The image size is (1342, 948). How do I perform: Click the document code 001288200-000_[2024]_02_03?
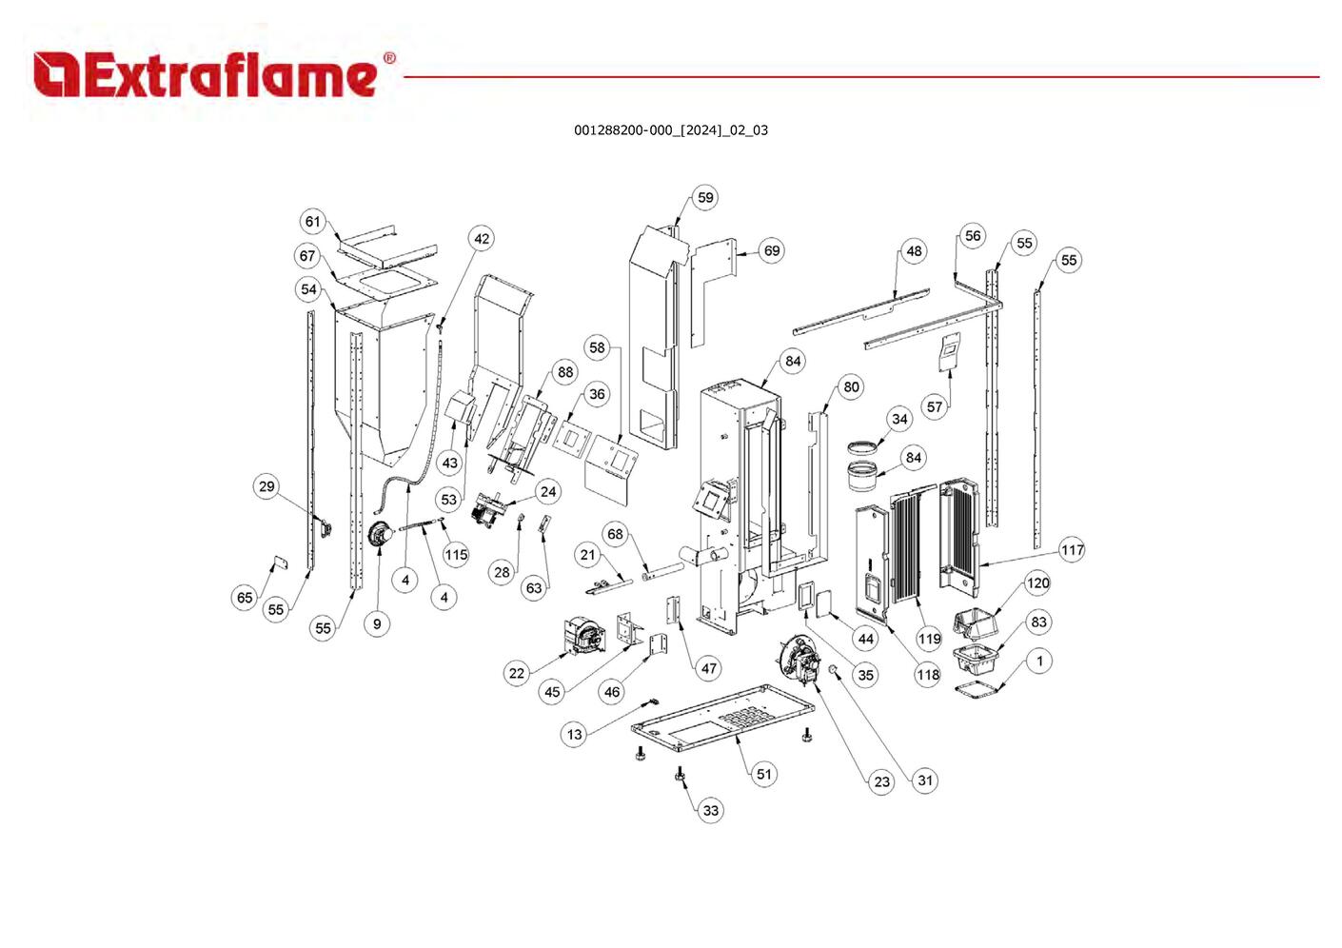pyautogui.click(x=670, y=130)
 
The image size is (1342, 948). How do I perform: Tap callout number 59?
pyautogui.click(x=705, y=198)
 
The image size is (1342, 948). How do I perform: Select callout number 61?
pyautogui.click(x=313, y=222)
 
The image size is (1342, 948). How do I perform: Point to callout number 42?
pyautogui.click(x=482, y=239)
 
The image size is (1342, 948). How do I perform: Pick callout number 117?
pyautogui.click(x=1072, y=550)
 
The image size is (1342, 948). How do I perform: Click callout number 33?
pyautogui.click(x=711, y=811)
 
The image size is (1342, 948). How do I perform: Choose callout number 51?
pyautogui.click(x=764, y=774)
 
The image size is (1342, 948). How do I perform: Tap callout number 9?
pyautogui.click(x=377, y=624)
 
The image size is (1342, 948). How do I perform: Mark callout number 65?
pyautogui.click(x=245, y=598)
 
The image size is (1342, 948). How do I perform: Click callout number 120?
pyautogui.click(x=1037, y=583)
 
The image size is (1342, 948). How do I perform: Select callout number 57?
pyautogui.click(x=935, y=407)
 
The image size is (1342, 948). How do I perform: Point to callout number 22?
pyautogui.click(x=516, y=673)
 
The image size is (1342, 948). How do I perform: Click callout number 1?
pyautogui.click(x=1039, y=661)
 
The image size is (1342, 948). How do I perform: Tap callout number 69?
pyautogui.click(x=772, y=251)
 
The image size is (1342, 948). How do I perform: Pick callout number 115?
pyautogui.click(x=456, y=555)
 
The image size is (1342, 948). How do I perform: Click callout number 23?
pyautogui.click(x=882, y=782)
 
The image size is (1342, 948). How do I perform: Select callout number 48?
pyautogui.click(x=914, y=251)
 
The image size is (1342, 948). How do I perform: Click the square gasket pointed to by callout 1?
pyautogui.click(x=980, y=687)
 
